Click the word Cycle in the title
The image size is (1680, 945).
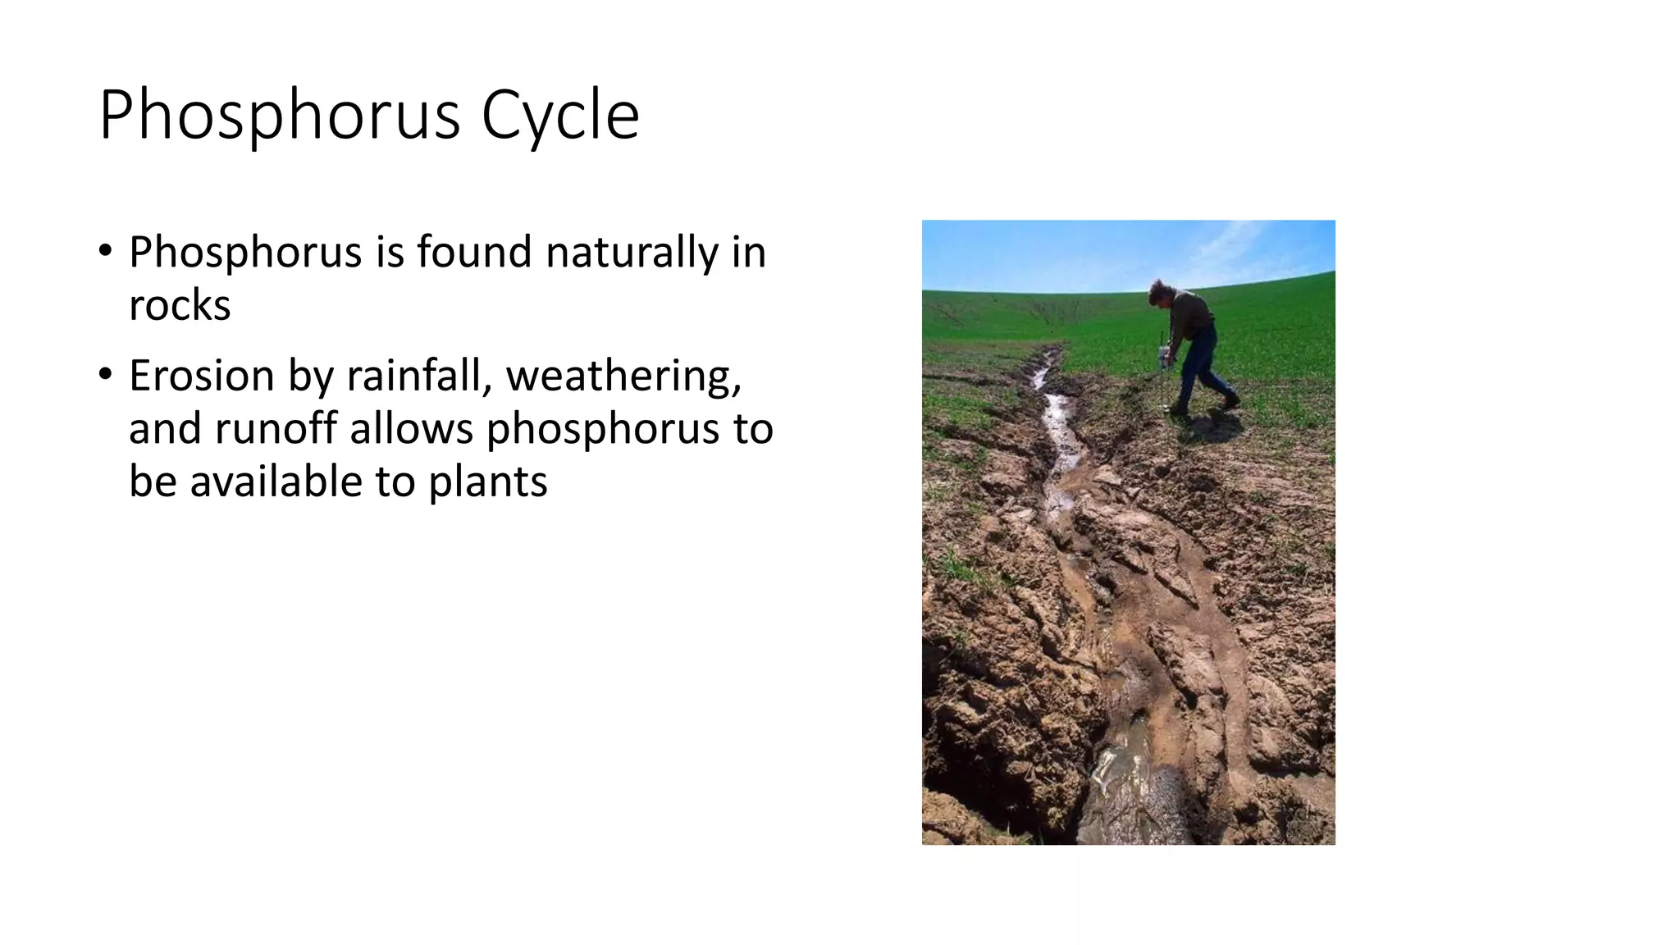[x=559, y=116]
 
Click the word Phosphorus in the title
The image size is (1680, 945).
[x=280, y=116]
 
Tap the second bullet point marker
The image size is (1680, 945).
[x=105, y=374]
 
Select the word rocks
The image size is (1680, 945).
[x=180, y=305]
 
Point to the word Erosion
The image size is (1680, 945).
[x=201, y=376]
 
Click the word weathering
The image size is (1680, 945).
[x=623, y=376]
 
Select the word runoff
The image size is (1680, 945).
[x=276, y=428]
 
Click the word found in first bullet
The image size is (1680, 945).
[x=473, y=252]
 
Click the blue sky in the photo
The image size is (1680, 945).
[x=1066, y=250]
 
